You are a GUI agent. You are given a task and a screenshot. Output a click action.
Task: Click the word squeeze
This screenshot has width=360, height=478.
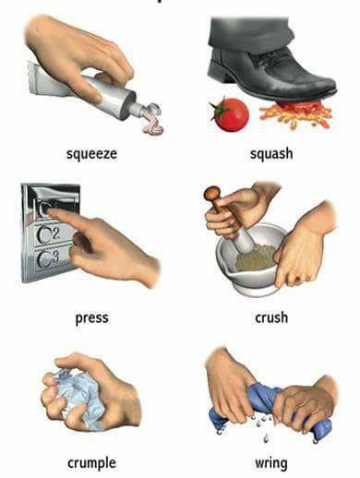pos(91,154)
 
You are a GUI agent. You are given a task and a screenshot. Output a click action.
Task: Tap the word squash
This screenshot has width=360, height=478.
pos(271,153)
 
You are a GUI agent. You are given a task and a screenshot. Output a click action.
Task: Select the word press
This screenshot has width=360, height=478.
pos(91,318)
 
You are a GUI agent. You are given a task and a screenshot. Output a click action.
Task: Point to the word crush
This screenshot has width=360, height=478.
pos(271,317)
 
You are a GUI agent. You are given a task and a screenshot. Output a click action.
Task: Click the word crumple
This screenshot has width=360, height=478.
pos(91,462)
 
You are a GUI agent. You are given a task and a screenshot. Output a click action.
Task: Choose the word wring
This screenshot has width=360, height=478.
pos(271,463)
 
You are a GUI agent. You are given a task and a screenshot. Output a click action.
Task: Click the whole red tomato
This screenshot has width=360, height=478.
pos(230,114)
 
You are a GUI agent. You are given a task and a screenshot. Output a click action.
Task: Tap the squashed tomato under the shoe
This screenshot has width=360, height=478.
pos(295,114)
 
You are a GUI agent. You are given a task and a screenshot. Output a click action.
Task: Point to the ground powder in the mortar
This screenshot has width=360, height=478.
pos(256,257)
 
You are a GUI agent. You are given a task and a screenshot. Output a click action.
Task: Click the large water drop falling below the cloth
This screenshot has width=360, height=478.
pos(266,437)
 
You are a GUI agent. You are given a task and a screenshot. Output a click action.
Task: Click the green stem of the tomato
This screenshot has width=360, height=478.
pos(217,109)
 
